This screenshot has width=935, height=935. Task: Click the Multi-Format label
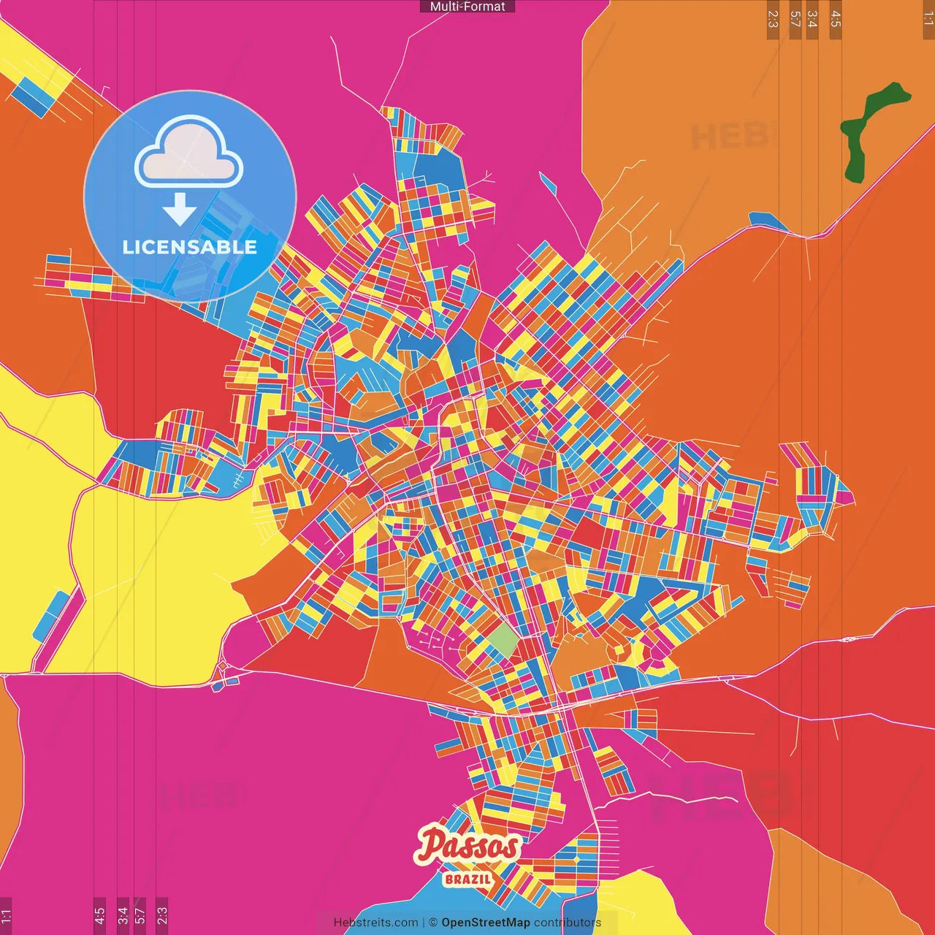(x=467, y=7)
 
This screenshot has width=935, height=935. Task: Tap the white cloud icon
(x=189, y=153)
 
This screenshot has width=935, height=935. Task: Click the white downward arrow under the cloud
(x=180, y=210)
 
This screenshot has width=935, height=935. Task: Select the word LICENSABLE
(x=190, y=247)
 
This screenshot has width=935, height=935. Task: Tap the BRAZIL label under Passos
(x=467, y=879)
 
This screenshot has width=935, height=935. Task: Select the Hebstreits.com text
(x=375, y=923)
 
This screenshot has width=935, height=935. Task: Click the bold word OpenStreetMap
(x=485, y=923)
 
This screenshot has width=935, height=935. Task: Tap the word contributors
(x=568, y=923)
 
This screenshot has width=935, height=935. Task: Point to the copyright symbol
(x=432, y=923)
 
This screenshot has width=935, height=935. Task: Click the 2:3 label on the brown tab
(x=773, y=19)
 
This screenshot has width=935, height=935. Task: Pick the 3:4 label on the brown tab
(x=812, y=19)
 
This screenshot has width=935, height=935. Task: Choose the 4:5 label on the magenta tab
(x=99, y=915)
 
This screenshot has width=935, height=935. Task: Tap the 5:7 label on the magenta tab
(x=140, y=915)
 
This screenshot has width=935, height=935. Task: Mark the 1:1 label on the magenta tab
(x=6, y=915)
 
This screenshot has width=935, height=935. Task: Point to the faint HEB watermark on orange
(x=730, y=137)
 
